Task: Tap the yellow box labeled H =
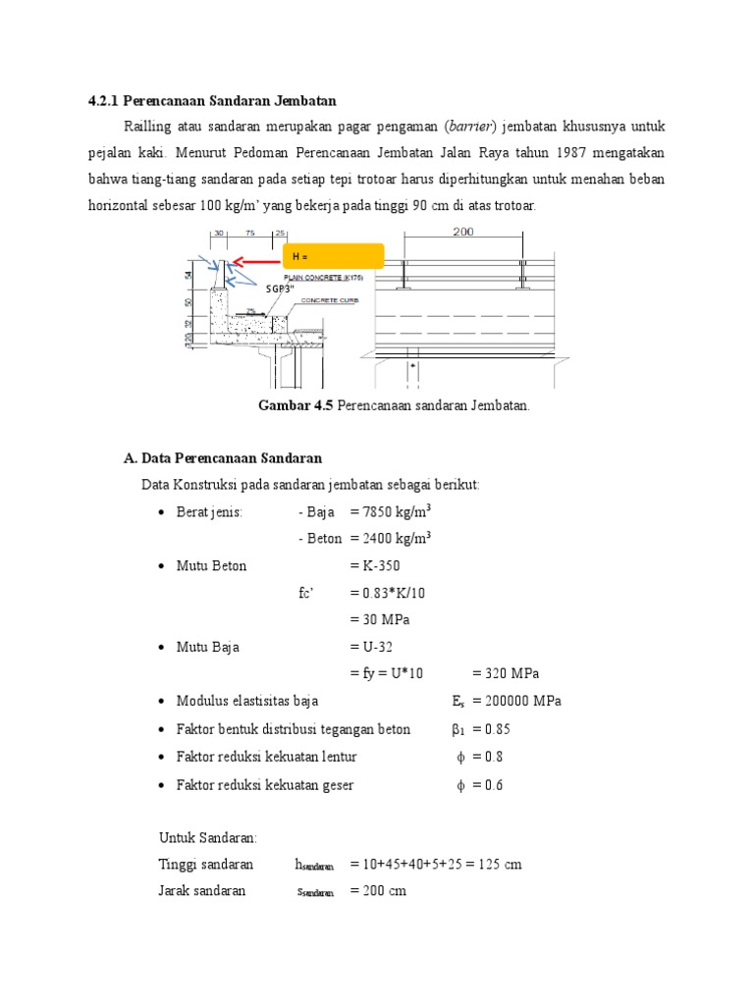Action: coord(333,256)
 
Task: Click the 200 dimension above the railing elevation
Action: coord(462,233)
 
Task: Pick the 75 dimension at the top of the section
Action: coord(251,234)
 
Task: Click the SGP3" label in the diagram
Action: coord(285,290)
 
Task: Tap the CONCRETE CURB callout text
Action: coord(330,301)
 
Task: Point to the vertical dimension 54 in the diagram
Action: coord(188,277)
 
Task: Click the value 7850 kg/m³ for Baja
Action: coord(398,511)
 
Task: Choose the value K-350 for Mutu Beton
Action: coord(381,565)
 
